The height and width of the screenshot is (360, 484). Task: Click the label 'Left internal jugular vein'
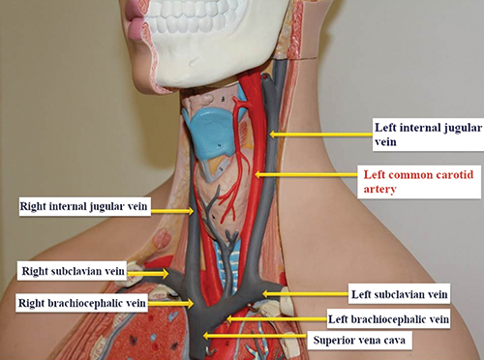click(x=428, y=135)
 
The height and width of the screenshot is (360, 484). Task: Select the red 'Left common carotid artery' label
click(x=418, y=182)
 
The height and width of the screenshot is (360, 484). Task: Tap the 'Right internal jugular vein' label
click(x=83, y=206)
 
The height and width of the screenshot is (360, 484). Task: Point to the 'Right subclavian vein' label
click(x=73, y=271)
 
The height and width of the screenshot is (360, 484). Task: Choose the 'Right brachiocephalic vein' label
click(x=82, y=303)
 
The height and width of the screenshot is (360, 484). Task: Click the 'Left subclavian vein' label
click(x=400, y=294)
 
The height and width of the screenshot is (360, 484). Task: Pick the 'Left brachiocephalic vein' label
click(x=388, y=319)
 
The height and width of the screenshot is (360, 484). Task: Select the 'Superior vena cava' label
click(x=359, y=340)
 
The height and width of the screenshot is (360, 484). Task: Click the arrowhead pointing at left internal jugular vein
click(x=272, y=134)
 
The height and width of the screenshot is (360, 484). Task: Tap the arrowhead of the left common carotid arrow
click(x=257, y=174)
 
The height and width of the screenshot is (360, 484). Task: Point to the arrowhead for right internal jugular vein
click(x=191, y=211)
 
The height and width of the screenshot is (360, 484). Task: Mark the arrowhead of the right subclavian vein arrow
click(x=166, y=274)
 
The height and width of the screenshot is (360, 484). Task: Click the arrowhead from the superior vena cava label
click(x=206, y=336)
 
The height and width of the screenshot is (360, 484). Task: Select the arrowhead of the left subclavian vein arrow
click(x=265, y=294)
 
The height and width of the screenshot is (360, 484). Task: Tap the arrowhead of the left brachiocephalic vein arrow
click(x=229, y=319)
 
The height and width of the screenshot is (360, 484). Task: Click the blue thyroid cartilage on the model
click(x=211, y=134)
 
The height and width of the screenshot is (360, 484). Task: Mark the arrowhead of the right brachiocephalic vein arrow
click(x=191, y=304)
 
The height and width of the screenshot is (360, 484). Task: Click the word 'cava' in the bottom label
click(x=393, y=341)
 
